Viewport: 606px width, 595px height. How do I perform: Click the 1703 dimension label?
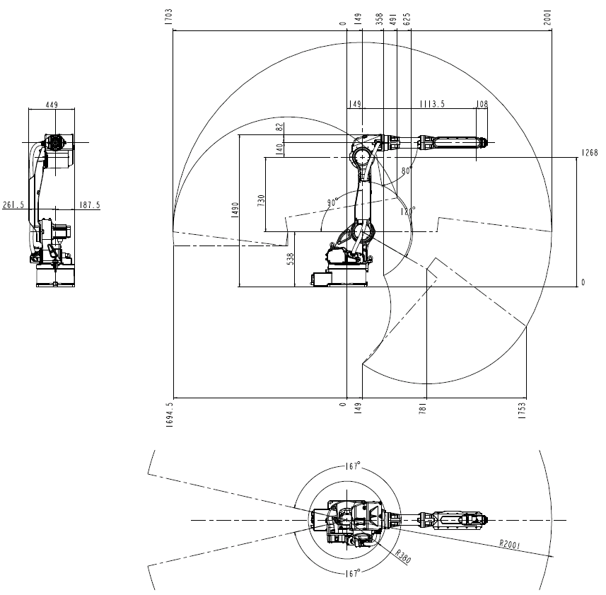coord(168,17)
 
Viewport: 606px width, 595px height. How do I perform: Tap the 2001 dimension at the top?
coord(547,18)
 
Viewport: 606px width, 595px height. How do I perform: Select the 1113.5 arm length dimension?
coord(432,104)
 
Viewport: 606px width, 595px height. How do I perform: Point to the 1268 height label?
coord(590,153)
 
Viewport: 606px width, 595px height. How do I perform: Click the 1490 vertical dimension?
coord(235,210)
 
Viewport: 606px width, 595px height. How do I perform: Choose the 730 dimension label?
coord(261,200)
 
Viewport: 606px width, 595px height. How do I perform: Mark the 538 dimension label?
coord(290,259)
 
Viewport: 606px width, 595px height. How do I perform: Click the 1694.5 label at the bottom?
coord(169,415)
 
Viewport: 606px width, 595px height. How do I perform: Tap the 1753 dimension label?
coord(522,410)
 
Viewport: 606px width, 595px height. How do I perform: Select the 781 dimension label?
coord(422,409)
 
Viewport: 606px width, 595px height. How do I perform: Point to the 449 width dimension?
coord(52,105)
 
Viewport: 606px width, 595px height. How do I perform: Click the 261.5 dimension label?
coord(13,204)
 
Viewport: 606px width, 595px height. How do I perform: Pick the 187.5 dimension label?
coord(90,204)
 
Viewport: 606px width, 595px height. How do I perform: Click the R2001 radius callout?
coord(510,544)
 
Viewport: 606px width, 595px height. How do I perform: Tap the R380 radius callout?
coord(403,557)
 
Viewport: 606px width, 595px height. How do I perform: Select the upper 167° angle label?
coord(354,466)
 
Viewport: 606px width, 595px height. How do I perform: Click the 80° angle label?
coord(407,171)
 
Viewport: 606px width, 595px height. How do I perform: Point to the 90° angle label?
coord(332,202)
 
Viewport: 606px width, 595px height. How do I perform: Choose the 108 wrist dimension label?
coord(482,104)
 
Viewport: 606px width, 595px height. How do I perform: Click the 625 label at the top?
coord(407,19)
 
